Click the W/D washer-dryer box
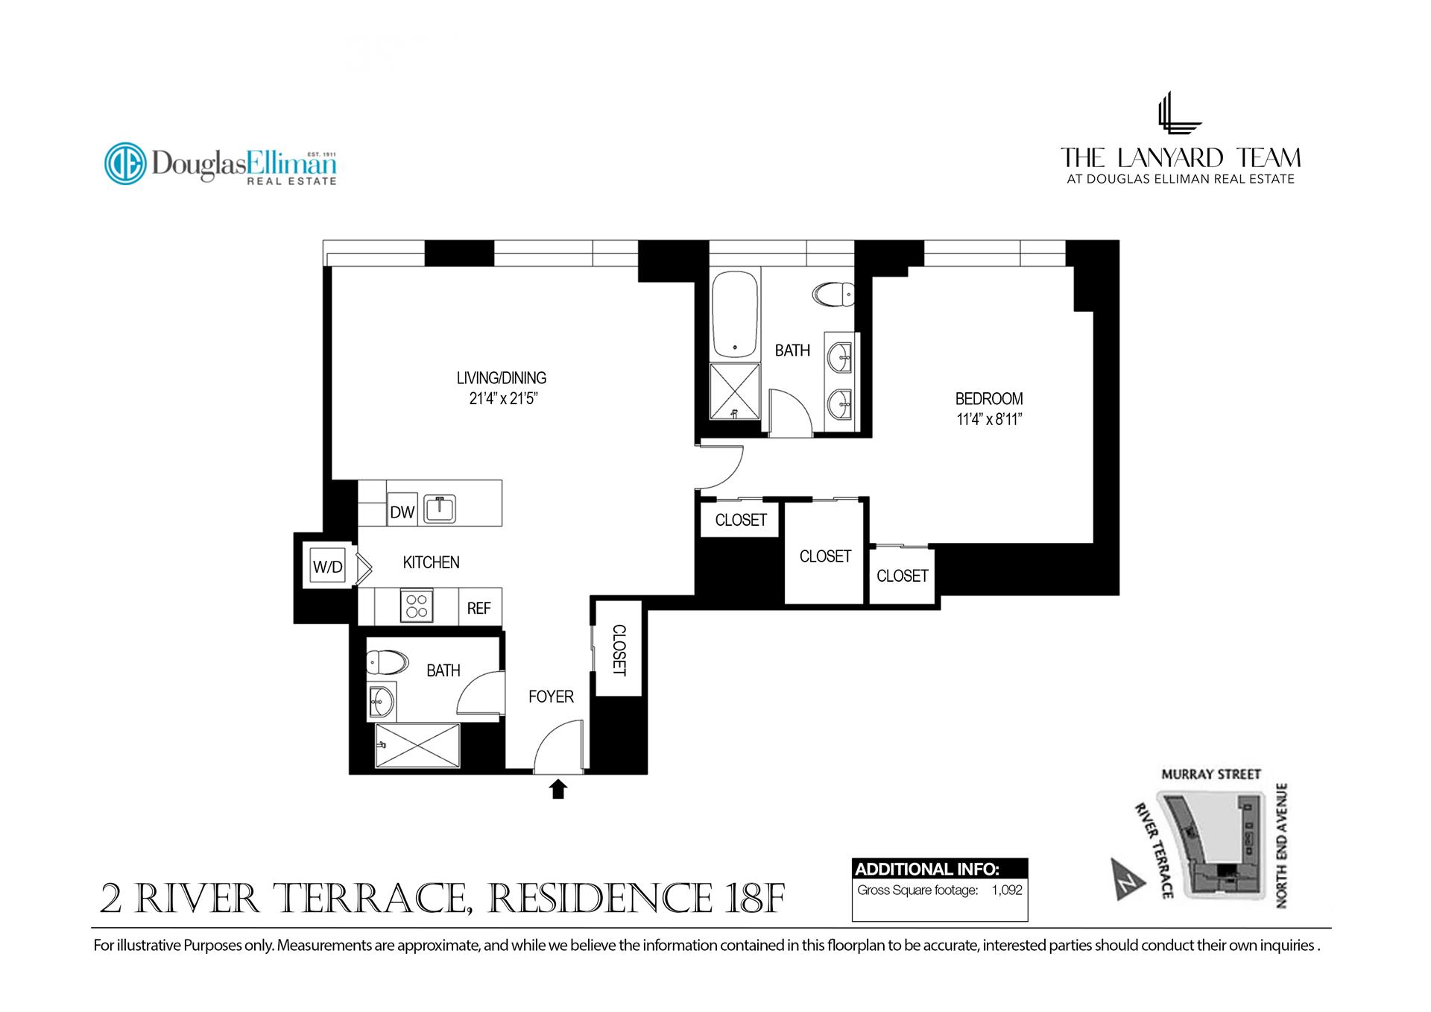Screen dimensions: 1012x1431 (327, 567)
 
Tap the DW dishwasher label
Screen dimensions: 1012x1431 (402, 512)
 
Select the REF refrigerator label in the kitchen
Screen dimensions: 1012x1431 (478, 609)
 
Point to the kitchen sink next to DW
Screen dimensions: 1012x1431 (440, 509)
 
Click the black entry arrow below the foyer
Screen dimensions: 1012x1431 (557, 789)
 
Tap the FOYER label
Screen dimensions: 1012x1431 (551, 697)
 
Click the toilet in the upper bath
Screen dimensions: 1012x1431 (834, 295)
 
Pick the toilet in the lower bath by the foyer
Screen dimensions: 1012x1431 (387, 662)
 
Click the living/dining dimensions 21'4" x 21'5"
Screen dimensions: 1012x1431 (503, 399)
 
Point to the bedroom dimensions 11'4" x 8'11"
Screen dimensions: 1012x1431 (988, 420)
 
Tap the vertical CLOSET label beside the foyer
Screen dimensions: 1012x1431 (619, 650)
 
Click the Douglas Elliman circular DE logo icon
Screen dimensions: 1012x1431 (125, 163)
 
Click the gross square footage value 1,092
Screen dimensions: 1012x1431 (1007, 890)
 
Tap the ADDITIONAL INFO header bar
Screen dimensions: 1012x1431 (939, 869)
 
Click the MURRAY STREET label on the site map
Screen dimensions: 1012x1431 (1211, 774)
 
